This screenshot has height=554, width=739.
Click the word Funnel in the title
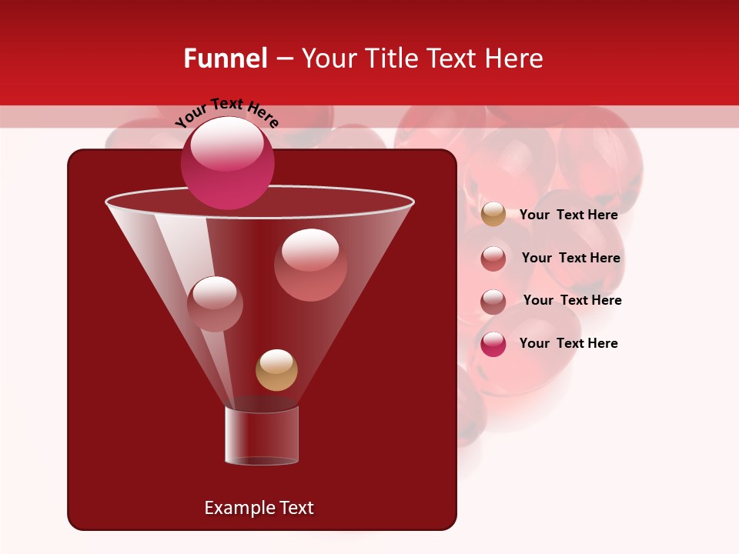pyautogui.click(x=225, y=58)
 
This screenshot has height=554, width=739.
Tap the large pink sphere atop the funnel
pyautogui.click(x=227, y=162)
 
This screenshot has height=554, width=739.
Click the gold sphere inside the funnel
pyautogui.click(x=276, y=370)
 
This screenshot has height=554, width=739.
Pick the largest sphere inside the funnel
pyautogui.click(x=310, y=265)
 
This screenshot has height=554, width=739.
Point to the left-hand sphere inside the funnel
pyautogui.click(x=215, y=304)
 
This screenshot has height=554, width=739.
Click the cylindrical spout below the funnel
pyautogui.click(x=261, y=436)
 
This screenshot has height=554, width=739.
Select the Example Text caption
pyautogui.click(x=259, y=508)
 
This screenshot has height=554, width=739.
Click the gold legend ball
pyautogui.click(x=493, y=215)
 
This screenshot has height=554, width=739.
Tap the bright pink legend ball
pyautogui.click(x=493, y=344)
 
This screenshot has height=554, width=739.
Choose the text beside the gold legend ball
pyautogui.click(x=568, y=215)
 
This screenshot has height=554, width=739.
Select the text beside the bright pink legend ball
pyautogui.click(x=568, y=343)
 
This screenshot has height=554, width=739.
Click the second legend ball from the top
pyautogui.click(x=493, y=259)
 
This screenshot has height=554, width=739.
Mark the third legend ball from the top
pyautogui.click(x=493, y=302)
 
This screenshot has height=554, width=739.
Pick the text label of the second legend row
pyautogui.click(x=570, y=258)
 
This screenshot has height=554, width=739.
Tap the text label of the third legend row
pyautogui.click(x=572, y=300)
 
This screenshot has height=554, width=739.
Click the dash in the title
pyautogui.click(x=283, y=58)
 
